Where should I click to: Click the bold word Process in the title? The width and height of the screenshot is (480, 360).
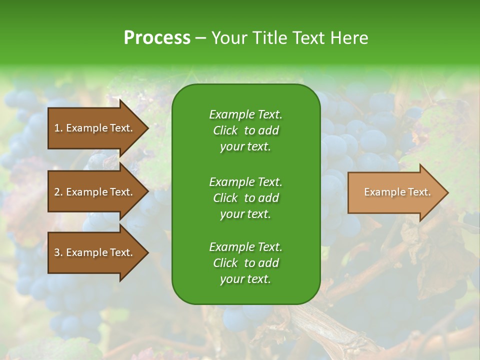(x=156, y=38)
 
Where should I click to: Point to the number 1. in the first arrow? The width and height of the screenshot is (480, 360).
(x=58, y=128)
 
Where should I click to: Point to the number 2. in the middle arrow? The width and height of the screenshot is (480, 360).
(x=58, y=192)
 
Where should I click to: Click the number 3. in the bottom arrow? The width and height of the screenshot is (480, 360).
(x=58, y=252)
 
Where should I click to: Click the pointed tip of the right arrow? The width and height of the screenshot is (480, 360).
(x=446, y=192)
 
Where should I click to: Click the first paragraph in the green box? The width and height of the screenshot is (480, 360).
(x=245, y=130)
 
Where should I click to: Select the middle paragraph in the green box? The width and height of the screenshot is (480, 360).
(x=245, y=197)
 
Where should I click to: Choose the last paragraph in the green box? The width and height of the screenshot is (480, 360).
(x=245, y=263)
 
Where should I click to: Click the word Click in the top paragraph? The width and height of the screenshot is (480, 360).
(x=225, y=130)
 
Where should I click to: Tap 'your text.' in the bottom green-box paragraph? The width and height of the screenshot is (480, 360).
(x=245, y=279)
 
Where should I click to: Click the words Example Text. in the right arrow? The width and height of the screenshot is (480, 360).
(x=397, y=192)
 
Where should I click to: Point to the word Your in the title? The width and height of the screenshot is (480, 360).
(x=228, y=38)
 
